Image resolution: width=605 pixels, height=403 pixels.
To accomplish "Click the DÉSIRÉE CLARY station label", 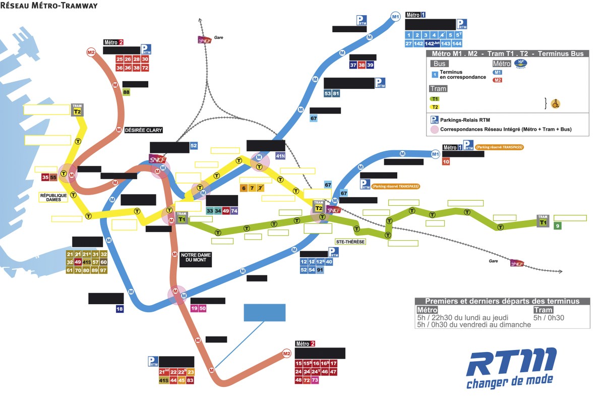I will pos(144,130).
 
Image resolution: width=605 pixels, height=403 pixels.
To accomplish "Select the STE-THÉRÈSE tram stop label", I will pos(350,242).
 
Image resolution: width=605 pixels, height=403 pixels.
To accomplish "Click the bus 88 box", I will pos(126,92).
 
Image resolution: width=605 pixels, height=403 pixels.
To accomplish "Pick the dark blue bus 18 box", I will pos(119,309).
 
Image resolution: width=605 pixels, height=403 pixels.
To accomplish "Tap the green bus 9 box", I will pos(558,226).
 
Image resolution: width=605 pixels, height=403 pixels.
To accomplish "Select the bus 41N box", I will pos(281,156).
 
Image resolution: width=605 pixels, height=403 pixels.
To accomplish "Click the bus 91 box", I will pos(320,270).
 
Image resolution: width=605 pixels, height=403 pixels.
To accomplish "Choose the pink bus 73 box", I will pos(316,380).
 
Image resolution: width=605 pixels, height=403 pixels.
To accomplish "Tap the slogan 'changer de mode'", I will pos(509,381).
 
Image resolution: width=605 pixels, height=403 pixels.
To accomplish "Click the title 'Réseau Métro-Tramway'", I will pos(49,6).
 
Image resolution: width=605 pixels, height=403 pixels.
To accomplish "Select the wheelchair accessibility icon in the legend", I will pos(556,104).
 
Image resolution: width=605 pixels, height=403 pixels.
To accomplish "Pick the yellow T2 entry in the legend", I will pos(434,107).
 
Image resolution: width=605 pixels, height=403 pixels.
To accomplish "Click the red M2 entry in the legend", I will pos(497,80).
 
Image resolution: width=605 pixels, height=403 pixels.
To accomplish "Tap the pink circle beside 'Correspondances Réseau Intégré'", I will pos(434,130).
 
